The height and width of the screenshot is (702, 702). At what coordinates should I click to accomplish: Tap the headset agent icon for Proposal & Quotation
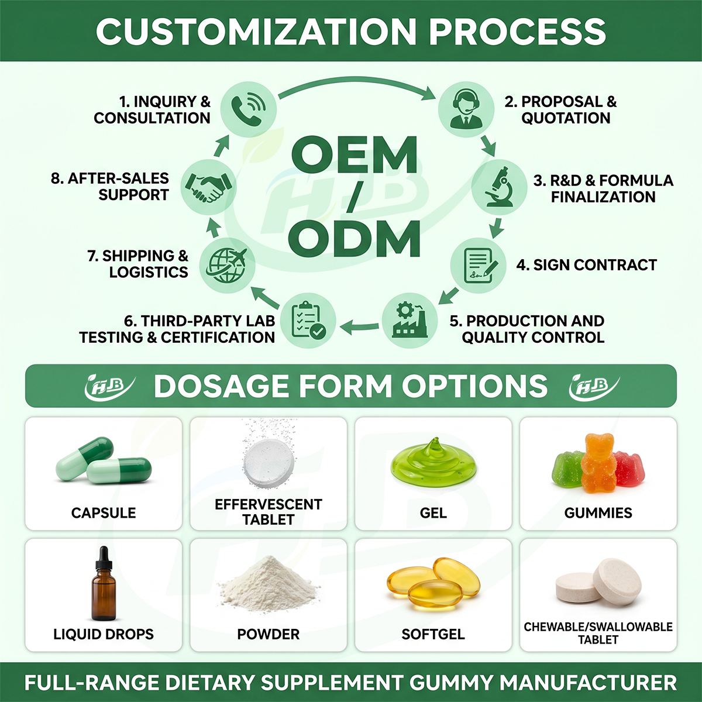(466, 109)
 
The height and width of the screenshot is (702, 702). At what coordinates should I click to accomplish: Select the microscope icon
(499, 187)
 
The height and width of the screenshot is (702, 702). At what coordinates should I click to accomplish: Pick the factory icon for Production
(410, 320)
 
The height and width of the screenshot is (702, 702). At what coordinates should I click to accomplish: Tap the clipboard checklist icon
(309, 320)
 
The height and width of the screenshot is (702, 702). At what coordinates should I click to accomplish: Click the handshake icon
(208, 187)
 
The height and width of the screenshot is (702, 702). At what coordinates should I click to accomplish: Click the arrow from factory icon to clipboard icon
(359, 326)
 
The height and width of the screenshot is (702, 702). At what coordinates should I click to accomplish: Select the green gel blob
(433, 463)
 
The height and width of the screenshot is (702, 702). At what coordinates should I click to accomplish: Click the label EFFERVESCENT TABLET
(269, 512)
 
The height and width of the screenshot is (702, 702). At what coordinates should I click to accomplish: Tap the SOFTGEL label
(433, 634)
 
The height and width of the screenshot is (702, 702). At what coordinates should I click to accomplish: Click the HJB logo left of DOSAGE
(109, 386)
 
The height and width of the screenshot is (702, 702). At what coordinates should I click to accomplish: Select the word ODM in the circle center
(354, 239)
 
